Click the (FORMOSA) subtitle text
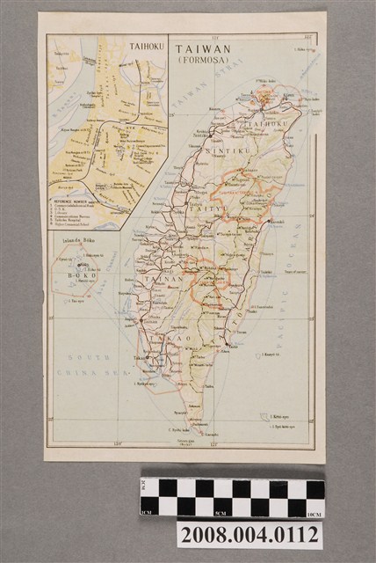tap(200, 62)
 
